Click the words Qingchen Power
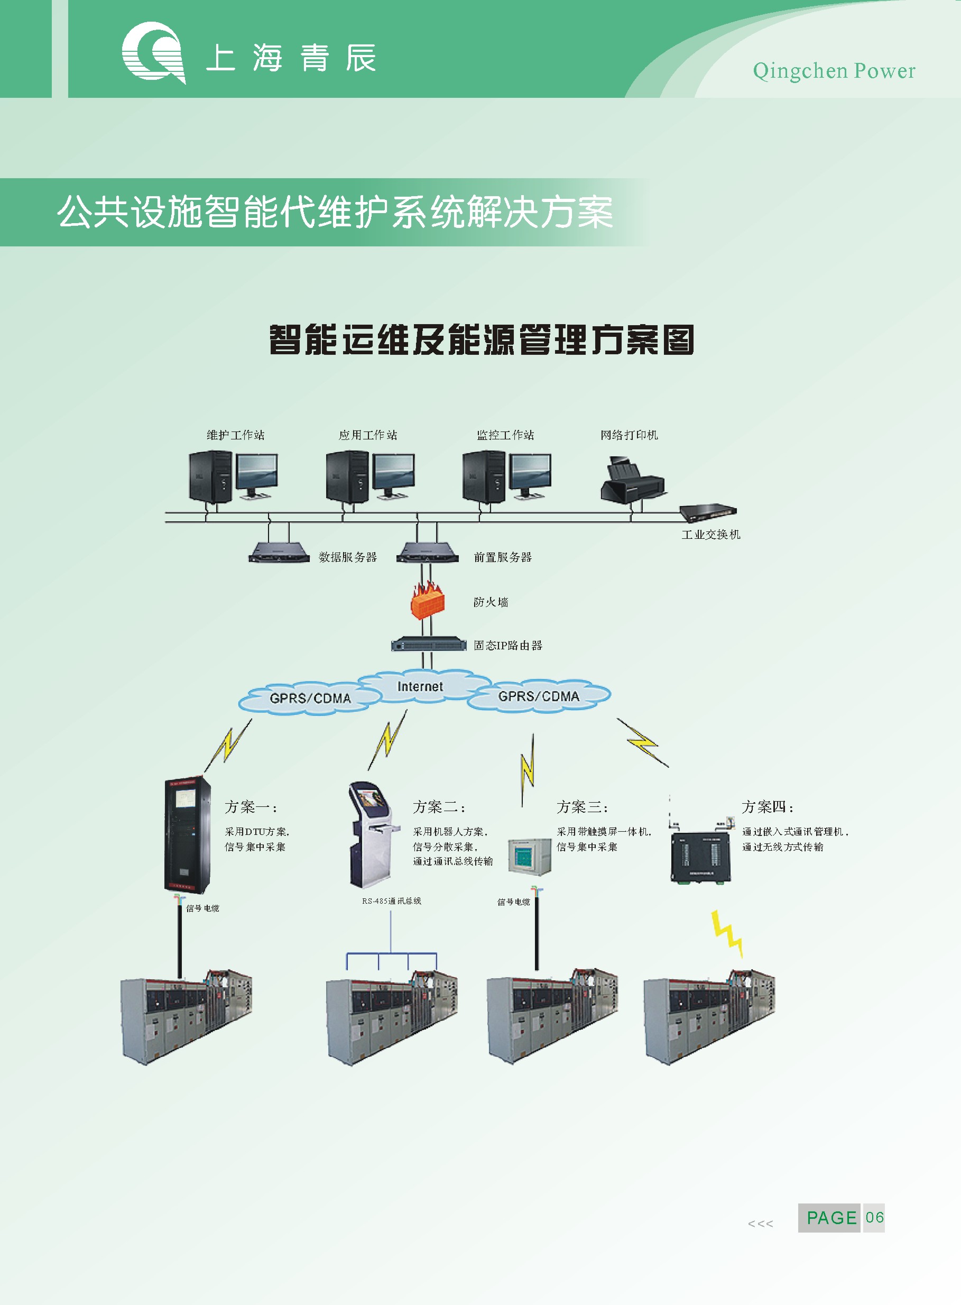click(834, 71)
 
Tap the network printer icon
click(632, 480)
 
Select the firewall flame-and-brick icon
click(428, 599)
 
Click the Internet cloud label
click(420, 686)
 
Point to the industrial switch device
click(707, 512)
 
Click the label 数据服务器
click(348, 557)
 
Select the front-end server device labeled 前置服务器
click(425, 552)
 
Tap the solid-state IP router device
click(429, 645)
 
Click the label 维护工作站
click(236, 435)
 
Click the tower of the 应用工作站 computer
click(347, 476)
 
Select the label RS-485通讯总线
click(392, 901)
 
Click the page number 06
click(874, 1218)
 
